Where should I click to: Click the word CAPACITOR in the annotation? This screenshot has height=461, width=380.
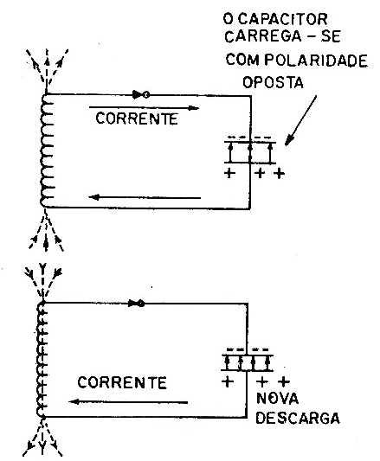click(x=282, y=19)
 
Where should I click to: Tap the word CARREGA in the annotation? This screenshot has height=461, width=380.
click(x=263, y=36)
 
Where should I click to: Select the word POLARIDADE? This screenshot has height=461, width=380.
click(x=316, y=61)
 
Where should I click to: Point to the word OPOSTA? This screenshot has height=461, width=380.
click(x=273, y=82)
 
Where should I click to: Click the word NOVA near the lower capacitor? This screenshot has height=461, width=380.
click(x=277, y=399)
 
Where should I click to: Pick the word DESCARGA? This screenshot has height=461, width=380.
click(x=298, y=418)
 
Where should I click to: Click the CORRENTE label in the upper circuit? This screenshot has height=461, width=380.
click(x=137, y=118)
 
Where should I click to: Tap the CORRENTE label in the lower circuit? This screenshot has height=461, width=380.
click(x=122, y=382)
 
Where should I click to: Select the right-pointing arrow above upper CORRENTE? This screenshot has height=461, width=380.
click(x=144, y=107)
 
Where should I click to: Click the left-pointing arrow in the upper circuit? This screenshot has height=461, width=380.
click(x=145, y=197)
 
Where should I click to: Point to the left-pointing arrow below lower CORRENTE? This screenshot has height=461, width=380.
click(x=128, y=401)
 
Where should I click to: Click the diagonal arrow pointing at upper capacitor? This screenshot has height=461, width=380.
click(x=301, y=120)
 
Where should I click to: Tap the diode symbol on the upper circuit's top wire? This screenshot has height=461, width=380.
click(x=141, y=94)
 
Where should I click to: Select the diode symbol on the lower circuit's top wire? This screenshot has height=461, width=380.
click(x=137, y=303)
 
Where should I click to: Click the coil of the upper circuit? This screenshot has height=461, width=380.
click(x=46, y=150)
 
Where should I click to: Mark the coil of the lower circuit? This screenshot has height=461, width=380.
click(x=42, y=360)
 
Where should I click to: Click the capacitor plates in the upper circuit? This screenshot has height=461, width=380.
click(x=250, y=152)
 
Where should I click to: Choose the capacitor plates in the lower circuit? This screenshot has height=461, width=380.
click(x=248, y=362)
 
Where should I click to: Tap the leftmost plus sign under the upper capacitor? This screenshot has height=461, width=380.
click(x=230, y=173)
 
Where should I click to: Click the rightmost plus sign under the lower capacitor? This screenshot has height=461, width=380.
click(x=284, y=381)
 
